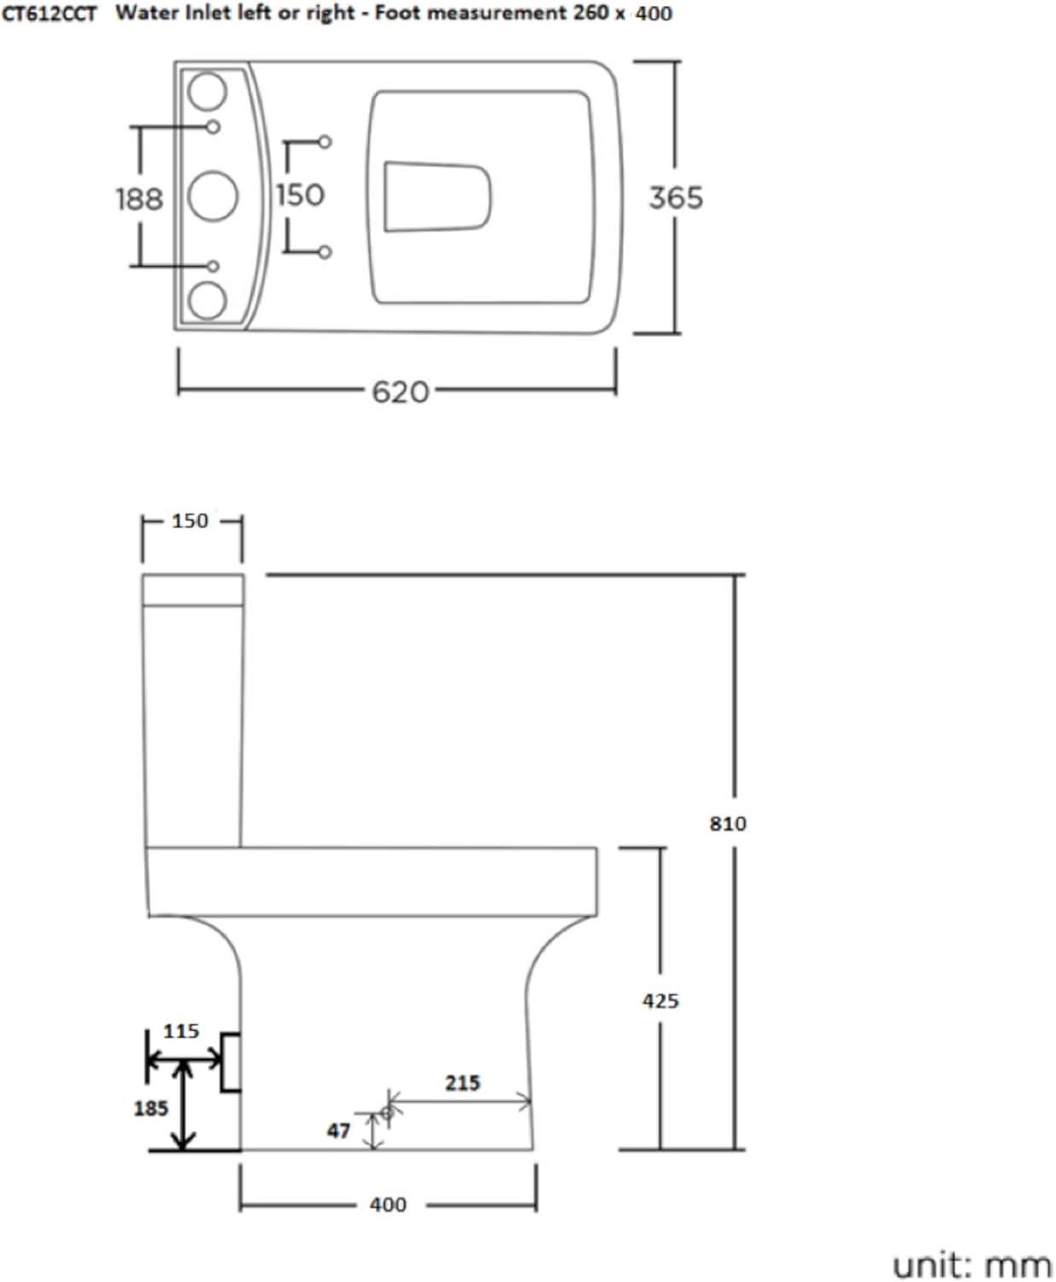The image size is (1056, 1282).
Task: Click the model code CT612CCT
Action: click(49, 15)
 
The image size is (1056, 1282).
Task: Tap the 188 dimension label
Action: click(138, 199)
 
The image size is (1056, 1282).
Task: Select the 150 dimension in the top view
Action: click(300, 195)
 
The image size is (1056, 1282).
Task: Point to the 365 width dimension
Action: click(676, 197)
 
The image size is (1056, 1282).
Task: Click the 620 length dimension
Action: click(400, 392)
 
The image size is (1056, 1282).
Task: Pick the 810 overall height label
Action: click(728, 823)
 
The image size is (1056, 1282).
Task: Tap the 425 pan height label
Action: click(660, 1000)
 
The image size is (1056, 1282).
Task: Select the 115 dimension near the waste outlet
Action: click(180, 1031)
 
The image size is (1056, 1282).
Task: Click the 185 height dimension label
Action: click(150, 1109)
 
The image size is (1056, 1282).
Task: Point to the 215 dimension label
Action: click(462, 1083)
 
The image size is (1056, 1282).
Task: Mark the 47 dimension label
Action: click(338, 1131)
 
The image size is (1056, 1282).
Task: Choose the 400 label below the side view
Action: click(388, 1204)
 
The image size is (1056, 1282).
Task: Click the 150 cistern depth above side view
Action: click(190, 520)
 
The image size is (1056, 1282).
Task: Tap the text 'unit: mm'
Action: click(971, 1264)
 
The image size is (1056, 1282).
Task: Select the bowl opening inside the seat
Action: click(437, 196)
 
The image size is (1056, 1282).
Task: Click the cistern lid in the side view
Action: click(192, 590)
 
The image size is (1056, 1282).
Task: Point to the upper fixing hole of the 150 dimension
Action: click(325, 142)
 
